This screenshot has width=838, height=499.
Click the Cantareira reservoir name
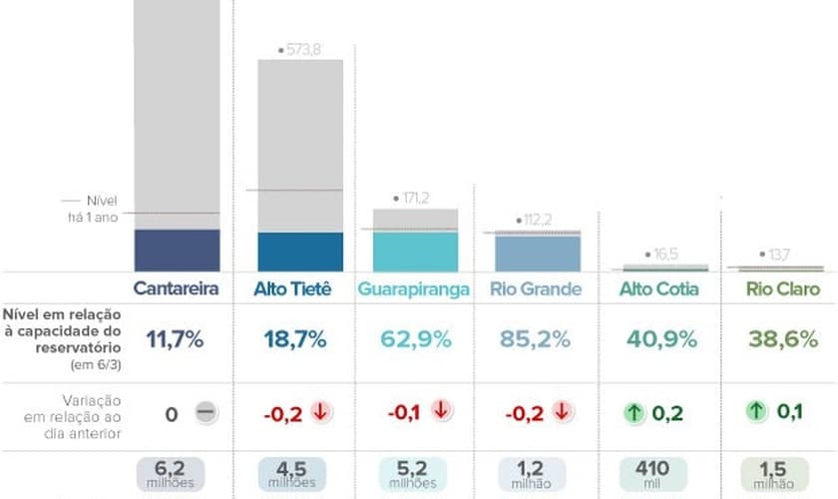(x=176, y=289)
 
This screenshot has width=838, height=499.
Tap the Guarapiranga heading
(x=414, y=289)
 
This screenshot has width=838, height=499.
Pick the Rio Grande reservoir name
(x=536, y=289)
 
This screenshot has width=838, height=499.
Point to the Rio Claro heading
(x=784, y=289)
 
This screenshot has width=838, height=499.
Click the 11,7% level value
(x=176, y=339)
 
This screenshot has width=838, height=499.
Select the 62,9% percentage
(x=415, y=339)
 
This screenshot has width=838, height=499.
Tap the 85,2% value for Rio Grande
(x=537, y=339)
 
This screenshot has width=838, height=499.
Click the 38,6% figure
(x=784, y=339)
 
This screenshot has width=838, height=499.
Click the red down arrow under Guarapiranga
(x=441, y=411)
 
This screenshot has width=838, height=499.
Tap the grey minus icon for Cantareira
(x=206, y=412)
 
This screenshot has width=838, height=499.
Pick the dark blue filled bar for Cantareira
(x=176, y=249)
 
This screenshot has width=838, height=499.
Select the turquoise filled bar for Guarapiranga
(x=415, y=250)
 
